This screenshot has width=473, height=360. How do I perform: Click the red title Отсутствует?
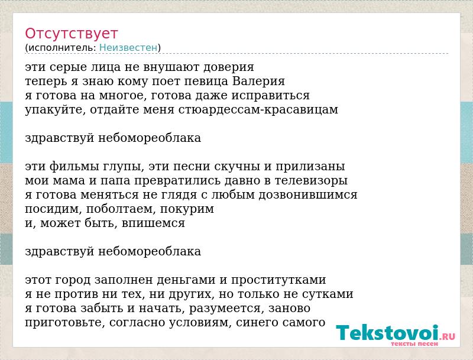coord(71,34)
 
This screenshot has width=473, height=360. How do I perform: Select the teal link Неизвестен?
coord(128,48)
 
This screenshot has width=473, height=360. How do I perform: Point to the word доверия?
coord(229,67)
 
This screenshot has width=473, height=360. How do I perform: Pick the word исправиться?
coord(271,96)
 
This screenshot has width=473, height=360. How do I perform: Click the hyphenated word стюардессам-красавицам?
coord(258,110)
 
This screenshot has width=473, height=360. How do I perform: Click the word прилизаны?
coord(310,167)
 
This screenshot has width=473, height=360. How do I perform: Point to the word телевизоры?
coord(311,181)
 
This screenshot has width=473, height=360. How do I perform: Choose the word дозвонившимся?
coord(308,194)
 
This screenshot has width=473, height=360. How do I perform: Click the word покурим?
coord(187,209)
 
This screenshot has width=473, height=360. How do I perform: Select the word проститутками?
coord(278,280)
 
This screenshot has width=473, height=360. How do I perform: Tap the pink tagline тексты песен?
coord(414,343)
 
